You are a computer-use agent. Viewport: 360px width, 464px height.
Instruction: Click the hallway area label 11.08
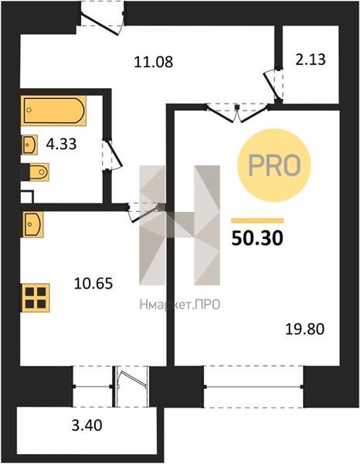pyautogui.click(x=154, y=62)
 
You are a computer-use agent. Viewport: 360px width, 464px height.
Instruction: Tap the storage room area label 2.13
pyautogui.click(x=311, y=60)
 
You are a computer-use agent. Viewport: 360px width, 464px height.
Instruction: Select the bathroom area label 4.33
pyautogui.click(x=62, y=144)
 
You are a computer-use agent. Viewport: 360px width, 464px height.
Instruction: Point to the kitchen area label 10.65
pyautogui.click(x=93, y=283)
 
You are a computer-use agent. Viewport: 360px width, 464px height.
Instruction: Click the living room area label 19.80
pyautogui.click(x=304, y=329)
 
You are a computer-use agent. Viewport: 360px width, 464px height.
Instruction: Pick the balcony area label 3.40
pyautogui.click(x=87, y=425)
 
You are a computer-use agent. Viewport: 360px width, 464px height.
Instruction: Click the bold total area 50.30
pyautogui.click(x=257, y=238)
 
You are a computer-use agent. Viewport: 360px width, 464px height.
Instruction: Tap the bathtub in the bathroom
pyautogui.click(x=53, y=111)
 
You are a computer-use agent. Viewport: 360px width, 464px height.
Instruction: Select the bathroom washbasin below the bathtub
pyautogui.click(x=29, y=145)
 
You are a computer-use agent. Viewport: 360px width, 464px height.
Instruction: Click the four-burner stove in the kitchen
pyautogui.click(x=36, y=298)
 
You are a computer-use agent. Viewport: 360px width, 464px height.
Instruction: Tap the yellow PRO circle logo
pyautogui.click(x=274, y=165)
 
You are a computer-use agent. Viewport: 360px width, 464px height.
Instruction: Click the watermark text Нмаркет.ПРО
pyautogui.click(x=180, y=304)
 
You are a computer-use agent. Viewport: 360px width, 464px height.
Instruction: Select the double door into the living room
pyautogui.click(x=237, y=112)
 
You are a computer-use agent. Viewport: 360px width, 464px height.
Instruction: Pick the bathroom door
pyautogui.click(x=112, y=155)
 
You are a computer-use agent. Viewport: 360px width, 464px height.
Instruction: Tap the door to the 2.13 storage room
pyautogui.click(x=273, y=85)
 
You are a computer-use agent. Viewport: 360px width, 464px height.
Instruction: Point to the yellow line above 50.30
pyautogui.click(x=257, y=220)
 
